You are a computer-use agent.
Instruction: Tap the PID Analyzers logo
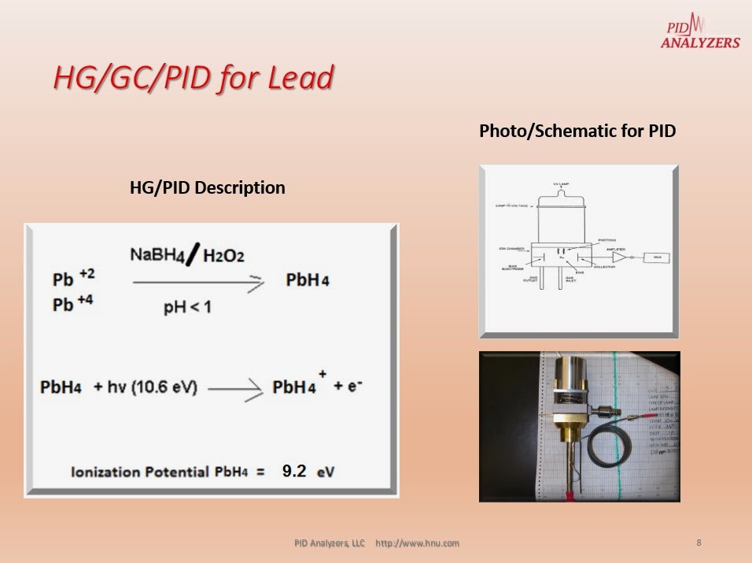click(699, 31)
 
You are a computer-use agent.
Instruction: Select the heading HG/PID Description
click(207, 188)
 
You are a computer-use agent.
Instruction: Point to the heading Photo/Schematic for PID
click(577, 131)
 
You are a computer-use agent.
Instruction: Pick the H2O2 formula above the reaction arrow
click(223, 255)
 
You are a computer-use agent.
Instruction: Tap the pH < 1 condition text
click(187, 307)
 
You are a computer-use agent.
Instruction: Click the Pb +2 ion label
click(72, 278)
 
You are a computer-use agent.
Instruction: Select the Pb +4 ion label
click(72, 303)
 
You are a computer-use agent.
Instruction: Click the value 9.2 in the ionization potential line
click(294, 471)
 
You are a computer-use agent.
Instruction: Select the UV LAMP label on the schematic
click(580, 183)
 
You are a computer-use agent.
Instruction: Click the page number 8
click(699, 543)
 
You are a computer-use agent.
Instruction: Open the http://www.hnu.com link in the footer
click(417, 543)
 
